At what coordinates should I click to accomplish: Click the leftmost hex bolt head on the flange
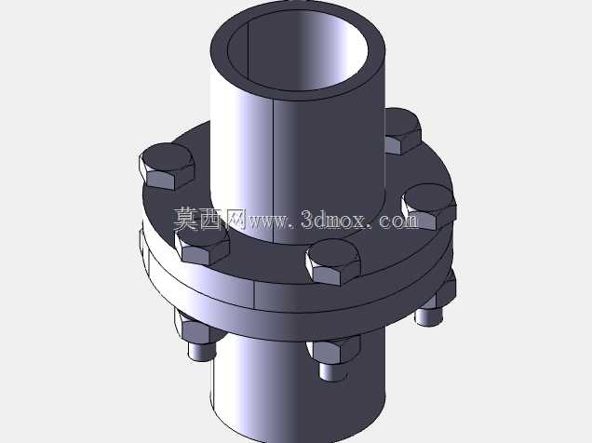point(167,166)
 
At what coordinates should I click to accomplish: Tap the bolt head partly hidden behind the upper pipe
point(403,131)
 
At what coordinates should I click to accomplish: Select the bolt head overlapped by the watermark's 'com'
point(428,207)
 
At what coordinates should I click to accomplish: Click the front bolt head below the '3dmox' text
point(333,262)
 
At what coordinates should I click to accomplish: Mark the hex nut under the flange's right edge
point(446,289)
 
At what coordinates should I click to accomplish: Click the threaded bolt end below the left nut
point(202,351)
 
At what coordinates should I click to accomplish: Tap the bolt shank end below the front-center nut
point(333,371)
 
